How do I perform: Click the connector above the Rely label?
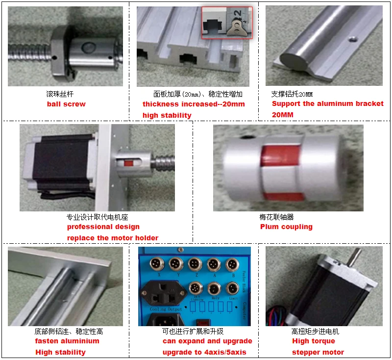click(x=213, y=288)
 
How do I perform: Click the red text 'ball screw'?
click(x=66, y=104)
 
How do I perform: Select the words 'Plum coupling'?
click(x=286, y=227)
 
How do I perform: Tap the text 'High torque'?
click(x=314, y=341)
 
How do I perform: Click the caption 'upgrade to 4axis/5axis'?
click(x=204, y=352)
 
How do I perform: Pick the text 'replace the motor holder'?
click(x=113, y=238)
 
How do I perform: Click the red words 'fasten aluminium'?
click(x=67, y=341)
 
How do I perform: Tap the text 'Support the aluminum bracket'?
click(x=327, y=103)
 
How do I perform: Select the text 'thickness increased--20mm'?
click(x=194, y=104)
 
